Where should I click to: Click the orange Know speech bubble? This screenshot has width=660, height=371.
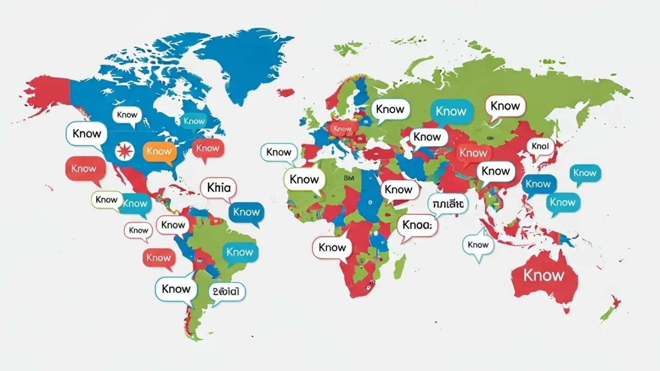pyautogui.click(x=159, y=152)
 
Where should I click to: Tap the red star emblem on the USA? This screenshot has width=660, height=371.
pyautogui.click(x=125, y=151)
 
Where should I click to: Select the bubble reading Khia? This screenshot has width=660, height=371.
pyautogui.click(x=218, y=188)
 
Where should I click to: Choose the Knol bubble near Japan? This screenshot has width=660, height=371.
pyautogui.click(x=540, y=146)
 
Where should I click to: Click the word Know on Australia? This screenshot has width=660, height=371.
pyautogui.click(x=544, y=275)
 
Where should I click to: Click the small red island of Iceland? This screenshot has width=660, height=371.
pyautogui.click(x=286, y=92)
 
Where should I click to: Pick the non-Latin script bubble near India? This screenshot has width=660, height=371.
pyautogui.click(x=448, y=203)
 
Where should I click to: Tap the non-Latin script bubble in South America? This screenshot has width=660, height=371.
pyautogui.click(x=227, y=291)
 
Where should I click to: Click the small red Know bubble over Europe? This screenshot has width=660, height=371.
pyautogui.click(x=342, y=128)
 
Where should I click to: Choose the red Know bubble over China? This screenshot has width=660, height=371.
pyautogui.click(x=473, y=153)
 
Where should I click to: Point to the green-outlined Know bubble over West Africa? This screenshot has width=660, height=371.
pyautogui.click(x=304, y=180)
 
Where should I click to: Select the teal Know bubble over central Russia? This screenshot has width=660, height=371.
pyautogui.click(x=451, y=112)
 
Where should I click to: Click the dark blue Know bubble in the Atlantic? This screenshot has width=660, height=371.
pyautogui.click(x=246, y=212)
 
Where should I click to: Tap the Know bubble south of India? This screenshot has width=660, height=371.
pyautogui.click(x=478, y=245)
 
